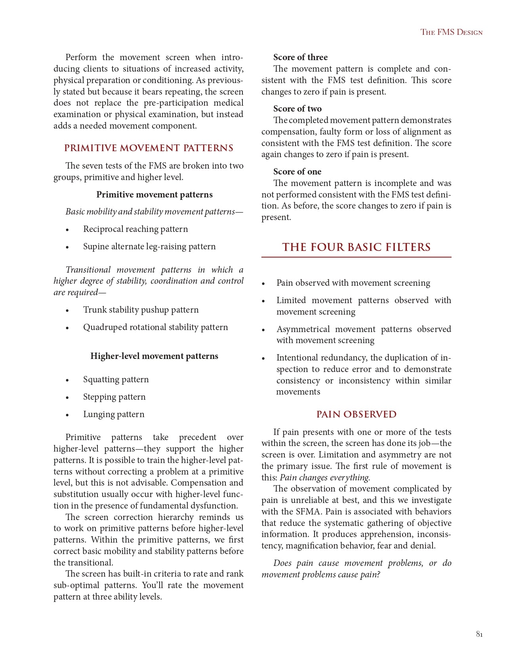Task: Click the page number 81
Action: click(x=479, y=634)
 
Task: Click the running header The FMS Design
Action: click(x=451, y=32)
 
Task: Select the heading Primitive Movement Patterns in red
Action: click(x=149, y=148)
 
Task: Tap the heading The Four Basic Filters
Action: click(x=356, y=247)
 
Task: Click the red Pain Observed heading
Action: click(x=356, y=414)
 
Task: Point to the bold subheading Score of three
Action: click(x=300, y=57)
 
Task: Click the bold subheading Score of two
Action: click(x=297, y=109)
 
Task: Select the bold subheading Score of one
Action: click(x=297, y=172)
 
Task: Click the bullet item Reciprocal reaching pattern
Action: click(x=135, y=229)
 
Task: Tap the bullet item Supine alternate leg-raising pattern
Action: click(x=149, y=247)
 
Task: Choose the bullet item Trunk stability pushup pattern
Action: click(x=141, y=310)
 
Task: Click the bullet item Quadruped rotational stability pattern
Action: click(x=155, y=327)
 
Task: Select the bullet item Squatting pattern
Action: click(x=116, y=380)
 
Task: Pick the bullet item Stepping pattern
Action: click(x=114, y=397)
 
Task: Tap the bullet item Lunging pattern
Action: click(x=114, y=414)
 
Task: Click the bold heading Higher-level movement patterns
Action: click(x=154, y=356)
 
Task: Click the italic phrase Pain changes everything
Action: click(x=325, y=478)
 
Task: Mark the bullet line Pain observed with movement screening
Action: click(x=353, y=283)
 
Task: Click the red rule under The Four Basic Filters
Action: click(x=356, y=257)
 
